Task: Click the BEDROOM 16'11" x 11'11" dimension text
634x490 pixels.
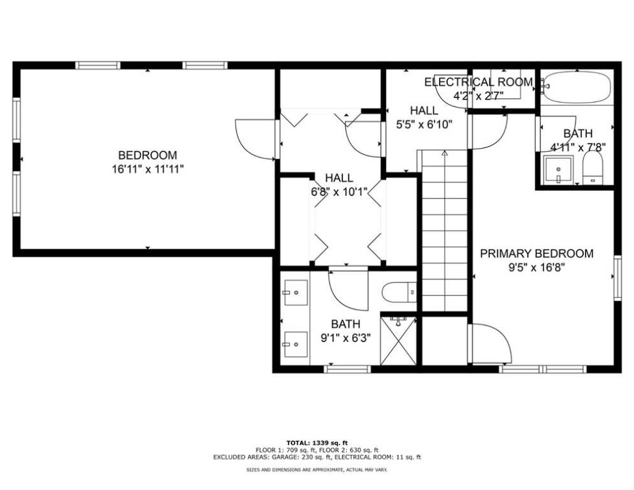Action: click(x=148, y=169)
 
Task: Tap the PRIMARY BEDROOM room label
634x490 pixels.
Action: click(x=537, y=254)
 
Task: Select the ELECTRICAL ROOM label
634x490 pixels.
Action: click(x=479, y=82)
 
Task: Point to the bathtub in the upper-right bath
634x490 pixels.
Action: click(x=577, y=87)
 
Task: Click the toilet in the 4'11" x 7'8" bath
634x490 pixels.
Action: click(x=593, y=168)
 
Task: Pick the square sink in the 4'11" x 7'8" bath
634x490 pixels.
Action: click(x=558, y=170)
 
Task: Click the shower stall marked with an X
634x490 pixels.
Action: click(x=398, y=340)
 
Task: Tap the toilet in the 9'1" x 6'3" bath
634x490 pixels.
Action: click(x=399, y=292)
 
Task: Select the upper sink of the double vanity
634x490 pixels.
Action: click(x=296, y=292)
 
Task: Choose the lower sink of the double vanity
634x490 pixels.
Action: click(x=296, y=345)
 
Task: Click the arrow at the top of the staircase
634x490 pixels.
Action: click(x=445, y=153)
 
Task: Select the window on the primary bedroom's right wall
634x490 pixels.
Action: click(x=617, y=278)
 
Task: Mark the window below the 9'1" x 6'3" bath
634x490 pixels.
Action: click(x=348, y=369)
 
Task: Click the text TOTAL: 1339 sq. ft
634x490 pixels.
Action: click(x=317, y=443)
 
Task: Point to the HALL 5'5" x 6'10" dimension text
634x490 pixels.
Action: click(x=424, y=124)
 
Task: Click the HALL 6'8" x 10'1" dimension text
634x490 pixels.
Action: click(x=339, y=191)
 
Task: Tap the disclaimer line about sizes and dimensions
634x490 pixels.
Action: click(x=317, y=470)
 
